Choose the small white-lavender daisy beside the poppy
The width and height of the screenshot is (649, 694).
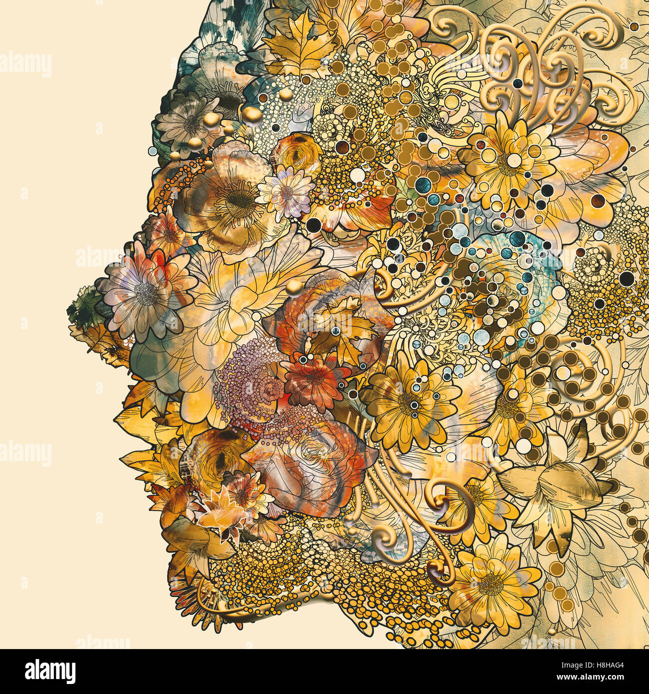pos(287,192)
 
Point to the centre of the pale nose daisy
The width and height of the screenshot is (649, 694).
pos(145,294)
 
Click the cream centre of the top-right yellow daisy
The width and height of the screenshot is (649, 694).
pos(514,160)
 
